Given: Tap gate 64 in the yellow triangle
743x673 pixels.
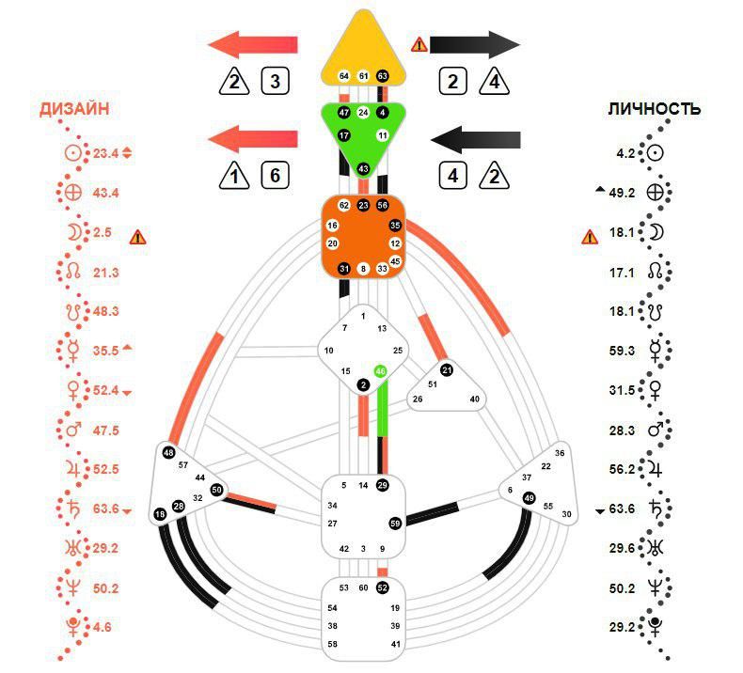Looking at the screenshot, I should tap(344, 75).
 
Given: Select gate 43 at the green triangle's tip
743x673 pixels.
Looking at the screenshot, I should tap(363, 168).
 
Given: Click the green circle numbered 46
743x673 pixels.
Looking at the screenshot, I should tap(381, 371).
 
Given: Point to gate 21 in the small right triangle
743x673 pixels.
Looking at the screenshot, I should tap(447, 369).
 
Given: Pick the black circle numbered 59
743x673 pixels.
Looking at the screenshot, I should tap(395, 523).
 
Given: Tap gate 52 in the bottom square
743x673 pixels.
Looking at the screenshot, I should tap(382, 587).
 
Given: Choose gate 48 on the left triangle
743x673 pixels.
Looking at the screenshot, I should tap(168, 452).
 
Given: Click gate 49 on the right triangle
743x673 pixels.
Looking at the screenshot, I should tap(529, 498).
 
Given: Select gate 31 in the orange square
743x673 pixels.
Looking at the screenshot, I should tap(344, 269).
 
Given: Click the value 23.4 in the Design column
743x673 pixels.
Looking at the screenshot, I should tap(104, 153).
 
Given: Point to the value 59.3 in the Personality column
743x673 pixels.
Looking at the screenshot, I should tap(623, 351).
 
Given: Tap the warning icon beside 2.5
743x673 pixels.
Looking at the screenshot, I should tap(138, 236).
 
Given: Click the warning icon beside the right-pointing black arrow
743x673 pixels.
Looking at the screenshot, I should tap(419, 43).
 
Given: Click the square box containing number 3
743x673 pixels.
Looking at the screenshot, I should tap(274, 82).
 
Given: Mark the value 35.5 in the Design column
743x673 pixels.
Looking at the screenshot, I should tap(104, 351).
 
